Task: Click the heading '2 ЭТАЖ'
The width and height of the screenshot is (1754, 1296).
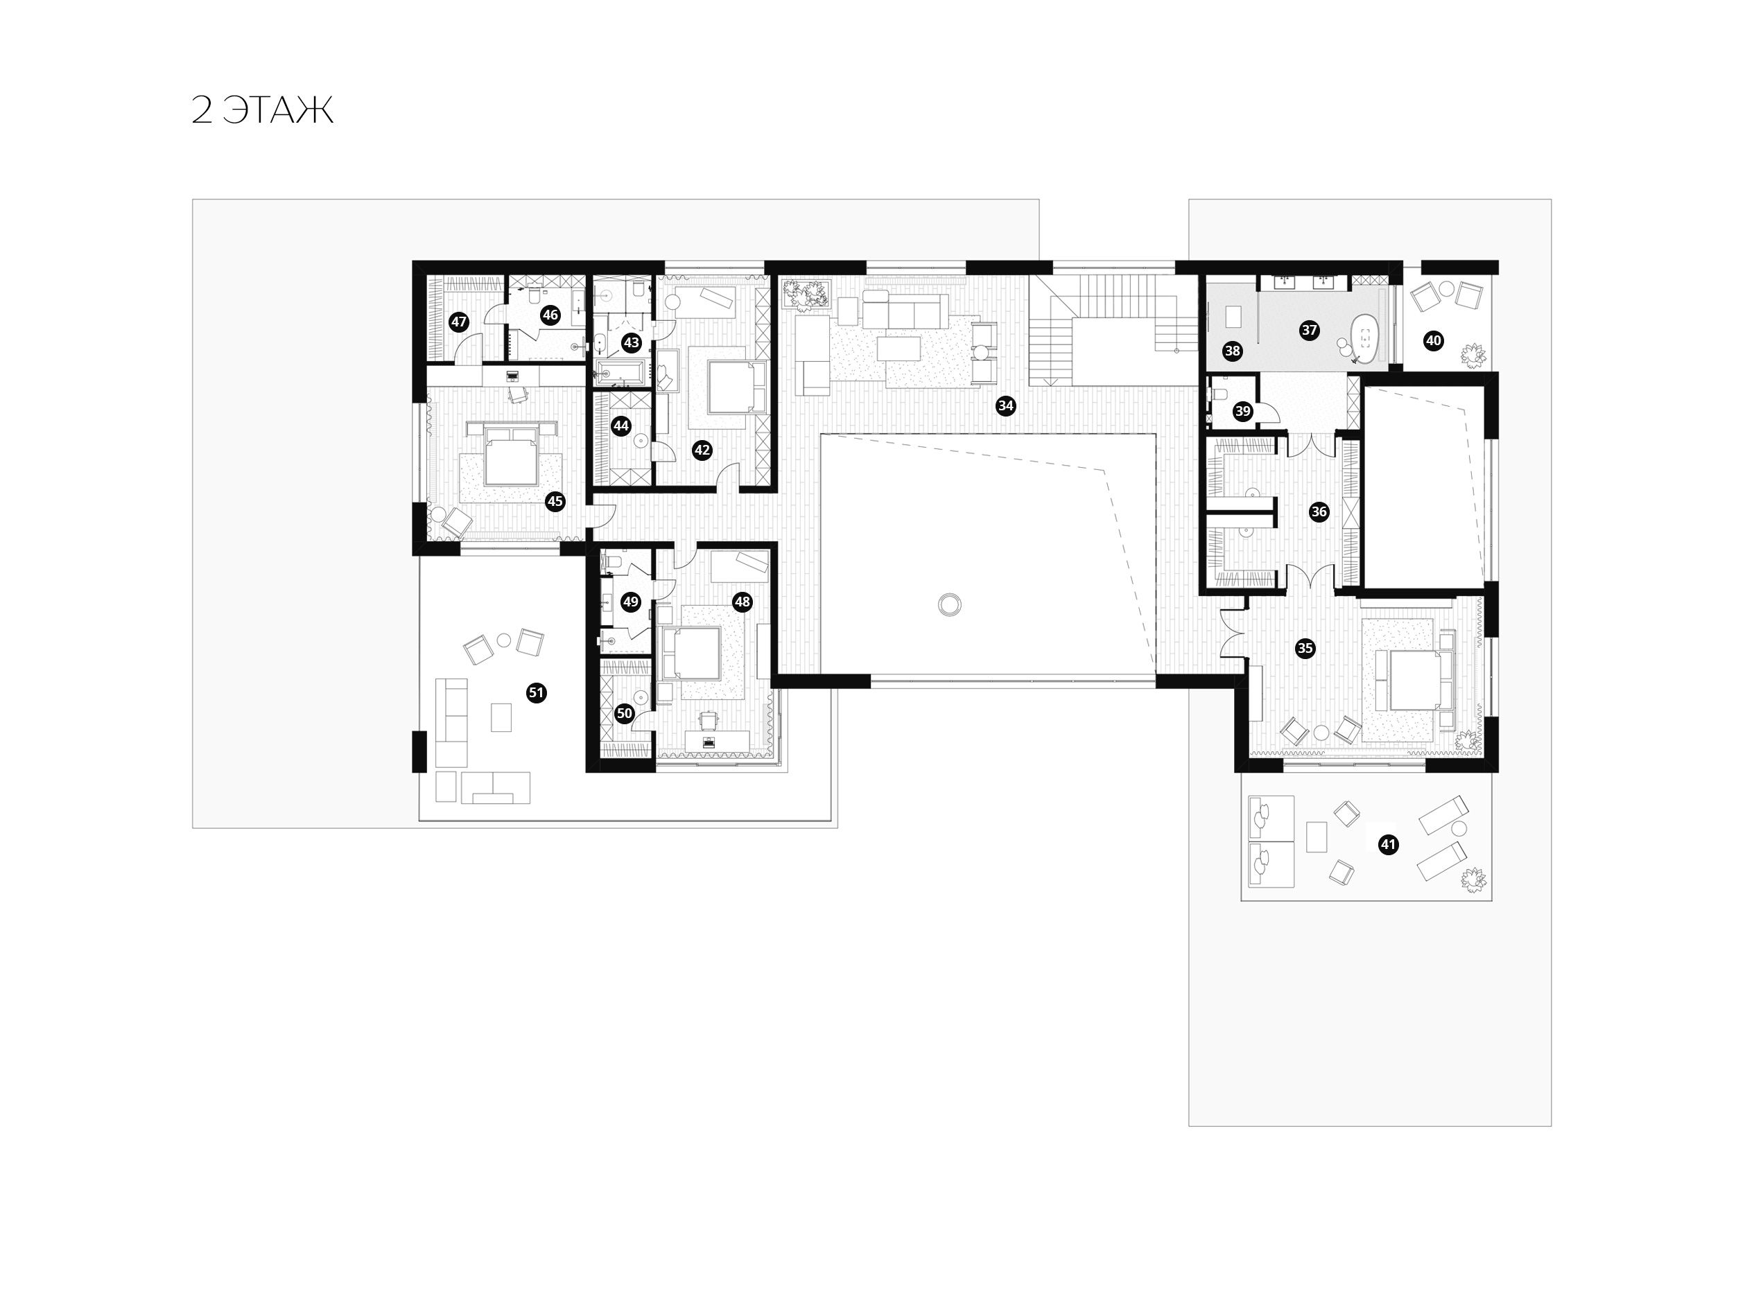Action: [x=262, y=111]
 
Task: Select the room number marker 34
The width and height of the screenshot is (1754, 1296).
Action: [x=1005, y=405]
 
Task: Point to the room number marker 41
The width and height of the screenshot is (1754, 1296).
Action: [x=1388, y=845]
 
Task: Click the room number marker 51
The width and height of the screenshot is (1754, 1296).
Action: [x=536, y=693]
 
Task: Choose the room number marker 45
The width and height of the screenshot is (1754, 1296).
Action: [x=555, y=501]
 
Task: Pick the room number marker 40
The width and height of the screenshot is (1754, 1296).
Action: [x=1434, y=341]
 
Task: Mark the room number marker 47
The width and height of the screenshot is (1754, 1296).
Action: [x=459, y=322]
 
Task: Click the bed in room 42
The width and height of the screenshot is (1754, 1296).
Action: [x=736, y=387]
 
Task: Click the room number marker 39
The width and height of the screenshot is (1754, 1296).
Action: [x=1242, y=411]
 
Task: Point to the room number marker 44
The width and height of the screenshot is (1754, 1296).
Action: [x=620, y=426]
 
